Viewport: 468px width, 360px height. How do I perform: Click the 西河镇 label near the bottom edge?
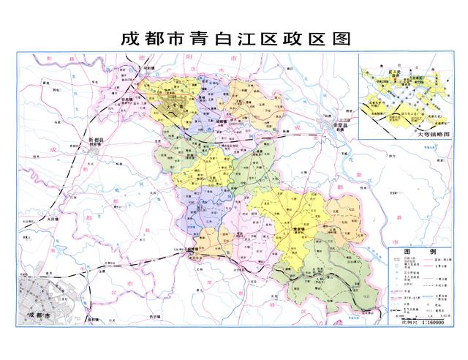(153, 315)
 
